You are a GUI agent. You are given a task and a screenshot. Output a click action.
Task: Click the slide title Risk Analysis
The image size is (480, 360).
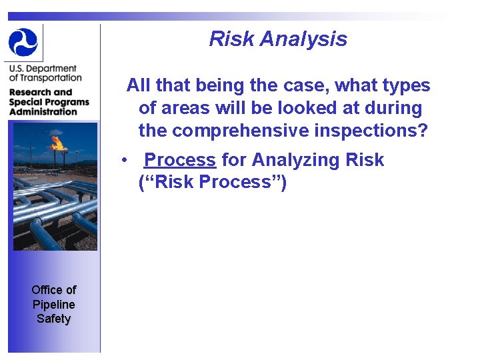coord(278,39)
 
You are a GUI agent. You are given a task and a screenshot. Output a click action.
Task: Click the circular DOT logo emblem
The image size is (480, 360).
coord(23,41)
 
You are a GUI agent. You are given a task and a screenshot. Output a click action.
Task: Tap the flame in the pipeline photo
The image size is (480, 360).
coord(57,142)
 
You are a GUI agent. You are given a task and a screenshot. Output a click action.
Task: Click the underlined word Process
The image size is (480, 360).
coord(180,160)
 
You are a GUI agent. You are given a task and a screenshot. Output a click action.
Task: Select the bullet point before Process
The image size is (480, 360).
coord(123,161)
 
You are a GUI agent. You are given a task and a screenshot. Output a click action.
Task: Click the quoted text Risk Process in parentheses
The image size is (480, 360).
coord(213,182)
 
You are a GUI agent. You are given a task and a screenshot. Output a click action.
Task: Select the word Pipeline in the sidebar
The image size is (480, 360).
coord(53,304)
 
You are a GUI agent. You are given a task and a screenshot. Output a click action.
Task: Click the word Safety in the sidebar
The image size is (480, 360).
coord(53,319)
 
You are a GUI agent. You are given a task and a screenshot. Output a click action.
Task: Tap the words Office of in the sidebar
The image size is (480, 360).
coord(53,289)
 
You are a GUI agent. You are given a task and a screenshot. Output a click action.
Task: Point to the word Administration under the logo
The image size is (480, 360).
coord(43,111)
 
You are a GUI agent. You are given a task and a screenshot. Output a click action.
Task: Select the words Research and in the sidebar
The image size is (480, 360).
coord(40,92)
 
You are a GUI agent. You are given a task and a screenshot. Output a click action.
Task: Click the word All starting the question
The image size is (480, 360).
coord(138,85)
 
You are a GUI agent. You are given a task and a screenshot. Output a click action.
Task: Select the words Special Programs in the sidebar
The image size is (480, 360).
coord(49,102)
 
